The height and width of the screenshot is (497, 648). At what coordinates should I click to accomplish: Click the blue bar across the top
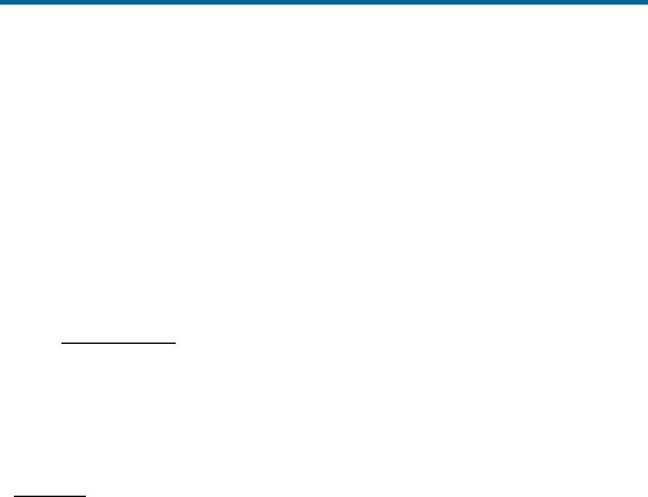[324, 2]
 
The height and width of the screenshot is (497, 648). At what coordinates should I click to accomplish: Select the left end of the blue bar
[1, 2]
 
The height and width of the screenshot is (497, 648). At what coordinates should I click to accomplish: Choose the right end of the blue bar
[647, 2]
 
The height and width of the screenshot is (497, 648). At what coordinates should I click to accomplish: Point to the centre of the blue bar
[324, 2]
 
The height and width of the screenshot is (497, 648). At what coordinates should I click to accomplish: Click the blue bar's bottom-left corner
[0, 5]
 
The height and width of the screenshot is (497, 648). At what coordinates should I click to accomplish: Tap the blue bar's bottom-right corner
[647, 5]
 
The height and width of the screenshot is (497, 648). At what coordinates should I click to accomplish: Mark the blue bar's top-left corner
[0, 0]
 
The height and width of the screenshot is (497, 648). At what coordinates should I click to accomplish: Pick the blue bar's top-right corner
[647, 0]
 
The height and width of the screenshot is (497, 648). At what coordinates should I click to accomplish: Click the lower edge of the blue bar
[324, 5]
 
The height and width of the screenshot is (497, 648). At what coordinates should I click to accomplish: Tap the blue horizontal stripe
[324, 2]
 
